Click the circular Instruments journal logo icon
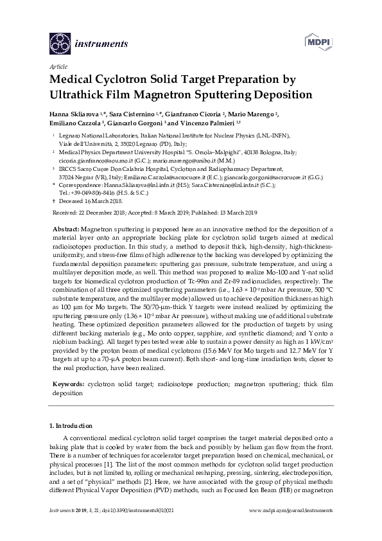point(60,44)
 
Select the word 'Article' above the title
point(57,67)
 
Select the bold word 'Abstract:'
point(66,229)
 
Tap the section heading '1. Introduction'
point(71,425)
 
